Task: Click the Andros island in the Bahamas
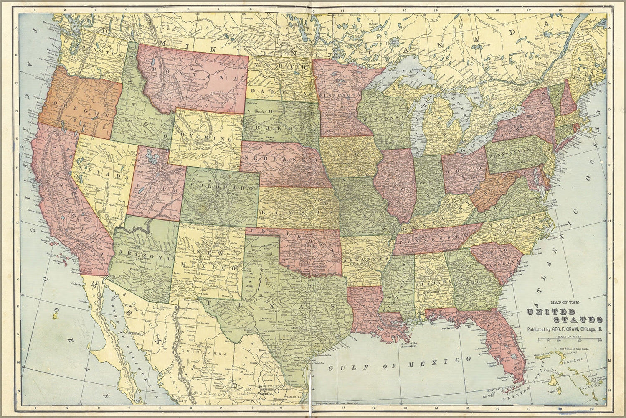(x=554, y=380)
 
